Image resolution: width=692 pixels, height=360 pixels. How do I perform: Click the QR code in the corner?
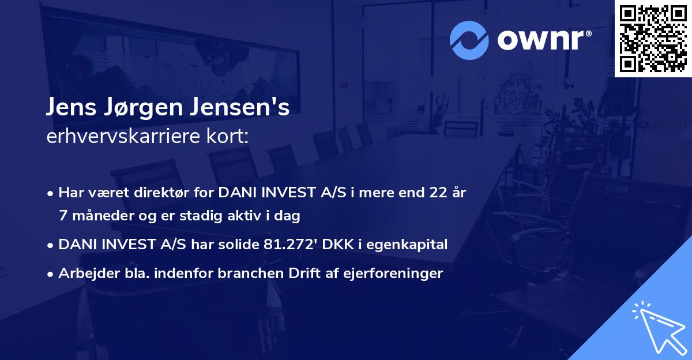coord(653,39)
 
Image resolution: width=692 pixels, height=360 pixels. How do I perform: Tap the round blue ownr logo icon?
coord(469,40)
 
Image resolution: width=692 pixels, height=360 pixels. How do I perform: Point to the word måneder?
coord(96,216)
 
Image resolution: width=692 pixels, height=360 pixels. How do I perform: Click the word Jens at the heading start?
coord(71,110)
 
